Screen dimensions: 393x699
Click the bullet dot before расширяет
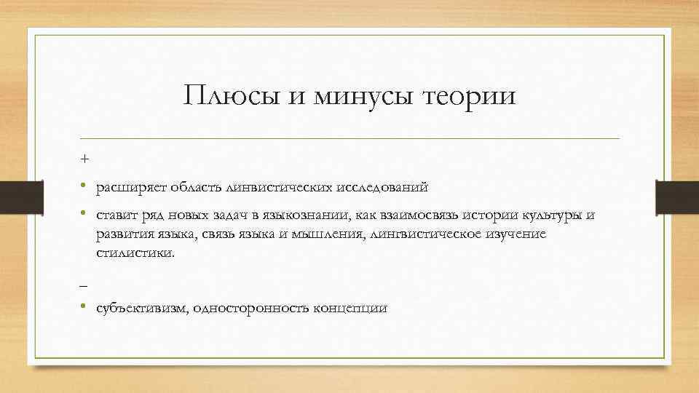point(85,187)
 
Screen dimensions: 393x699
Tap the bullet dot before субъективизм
point(85,308)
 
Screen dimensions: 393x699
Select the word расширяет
point(128,187)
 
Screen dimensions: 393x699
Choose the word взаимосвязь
point(414,215)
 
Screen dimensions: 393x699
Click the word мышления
point(330,234)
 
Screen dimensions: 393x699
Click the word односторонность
point(252,309)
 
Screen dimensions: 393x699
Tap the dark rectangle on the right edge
point(677,196)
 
